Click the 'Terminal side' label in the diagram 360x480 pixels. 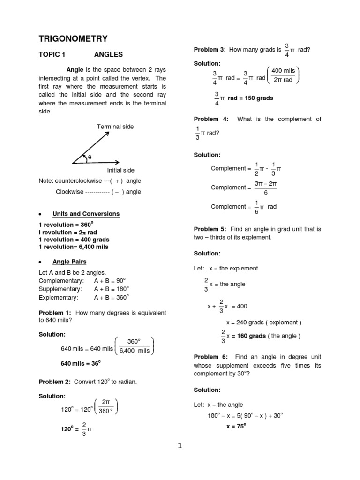[x=115, y=127]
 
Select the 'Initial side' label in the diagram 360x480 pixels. [x=120, y=170]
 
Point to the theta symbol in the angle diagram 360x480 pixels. [x=89, y=158]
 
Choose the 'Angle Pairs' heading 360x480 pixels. [x=69, y=262]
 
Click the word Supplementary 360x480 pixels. [x=61, y=289]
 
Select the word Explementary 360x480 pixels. [x=58, y=297]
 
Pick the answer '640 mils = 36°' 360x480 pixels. [x=81, y=363]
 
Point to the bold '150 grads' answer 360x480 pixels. [x=257, y=98]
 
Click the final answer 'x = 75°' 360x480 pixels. [x=236, y=426]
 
